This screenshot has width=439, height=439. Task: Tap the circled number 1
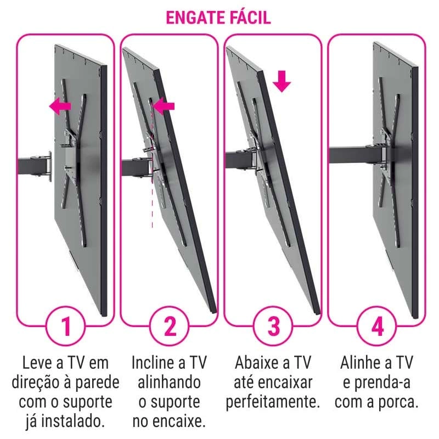coord(65,326)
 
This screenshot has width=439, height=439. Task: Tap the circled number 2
coord(170,326)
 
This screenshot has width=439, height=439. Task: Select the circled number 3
coord(273,326)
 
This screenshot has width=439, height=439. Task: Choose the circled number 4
coord(377,326)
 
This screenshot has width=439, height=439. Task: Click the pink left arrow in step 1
coord(60,106)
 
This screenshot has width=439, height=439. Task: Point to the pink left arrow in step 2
coord(164,106)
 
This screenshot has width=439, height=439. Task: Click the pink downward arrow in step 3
coord(282,81)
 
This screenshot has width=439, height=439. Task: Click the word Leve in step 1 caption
coord(37,363)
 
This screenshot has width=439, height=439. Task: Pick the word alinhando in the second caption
coord(169,382)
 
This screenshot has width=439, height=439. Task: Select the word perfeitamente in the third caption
coord(273,403)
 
